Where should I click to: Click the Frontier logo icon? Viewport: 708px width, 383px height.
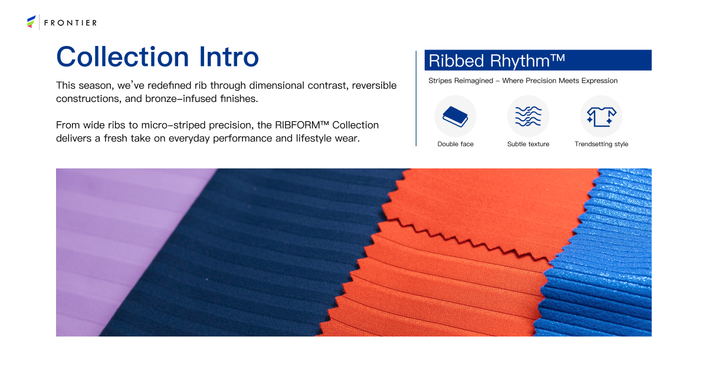pos(31,22)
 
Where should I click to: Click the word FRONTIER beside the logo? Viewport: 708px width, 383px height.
pos(70,23)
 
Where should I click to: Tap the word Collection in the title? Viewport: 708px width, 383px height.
pos(123,57)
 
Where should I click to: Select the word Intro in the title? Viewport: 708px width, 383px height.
pos(229,57)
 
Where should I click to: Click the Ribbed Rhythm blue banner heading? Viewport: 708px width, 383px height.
pos(538,60)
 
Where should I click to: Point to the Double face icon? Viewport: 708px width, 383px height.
pos(455,117)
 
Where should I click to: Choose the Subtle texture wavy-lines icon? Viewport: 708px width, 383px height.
pos(528,117)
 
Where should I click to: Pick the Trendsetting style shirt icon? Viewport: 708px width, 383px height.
pos(601,117)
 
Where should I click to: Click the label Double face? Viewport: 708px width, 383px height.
pos(455,144)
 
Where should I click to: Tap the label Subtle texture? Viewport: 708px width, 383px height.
pos(528,144)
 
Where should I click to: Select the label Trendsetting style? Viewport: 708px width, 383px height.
pos(601,144)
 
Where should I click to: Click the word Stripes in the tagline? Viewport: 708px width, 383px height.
pos(440,81)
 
